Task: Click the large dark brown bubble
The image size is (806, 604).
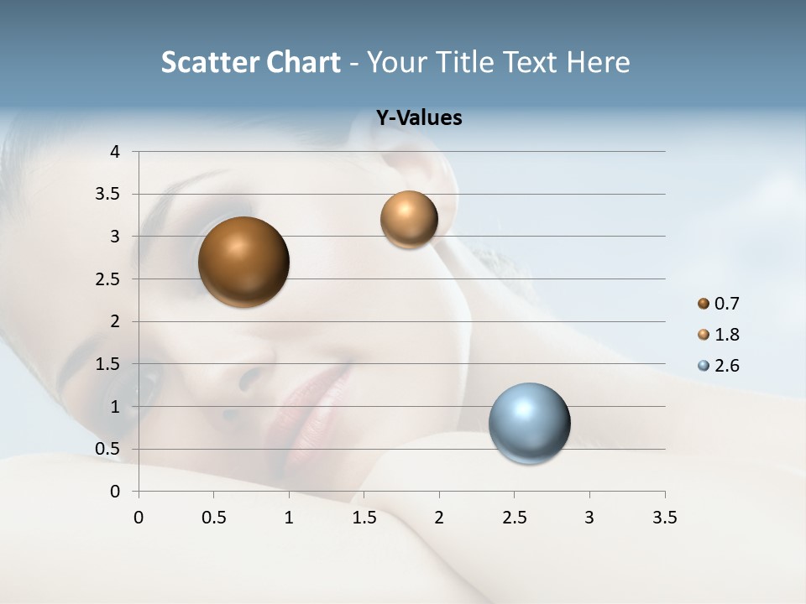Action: click(x=243, y=262)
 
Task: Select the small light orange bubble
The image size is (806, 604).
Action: click(x=409, y=219)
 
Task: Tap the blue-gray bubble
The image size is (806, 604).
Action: click(x=529, y=423)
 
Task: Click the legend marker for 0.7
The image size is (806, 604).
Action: click(x=704, y=303)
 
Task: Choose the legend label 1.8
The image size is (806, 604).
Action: click(x=727, y=335)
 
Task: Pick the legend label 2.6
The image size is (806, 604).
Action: click(x=727, y=366)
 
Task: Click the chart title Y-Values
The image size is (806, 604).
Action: click(x=419, y=118)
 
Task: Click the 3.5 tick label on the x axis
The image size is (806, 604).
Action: click(x=664, y=518)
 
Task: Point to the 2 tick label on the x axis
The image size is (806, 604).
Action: click(x=439, y=518)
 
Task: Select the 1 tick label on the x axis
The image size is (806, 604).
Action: click(x=289, y=518)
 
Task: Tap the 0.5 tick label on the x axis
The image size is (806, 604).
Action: click(x=213, y=518)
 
